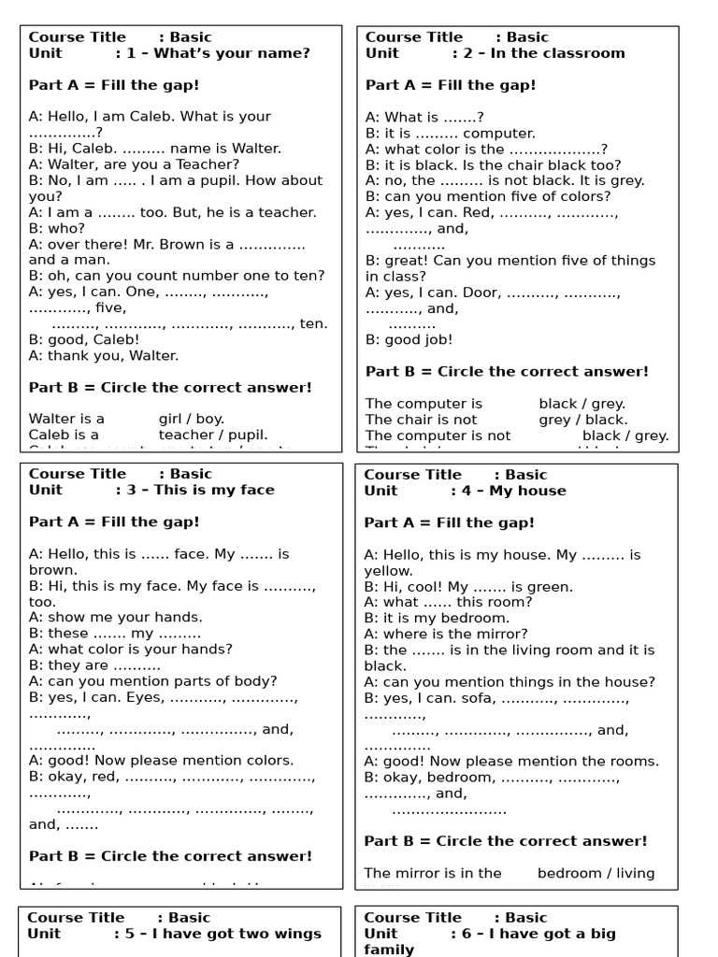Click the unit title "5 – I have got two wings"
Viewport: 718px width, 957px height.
coord(218,934)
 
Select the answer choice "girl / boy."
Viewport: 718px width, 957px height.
coord(191,419)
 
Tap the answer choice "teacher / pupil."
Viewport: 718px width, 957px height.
coord(213,435)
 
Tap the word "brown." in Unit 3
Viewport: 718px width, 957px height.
coord(53,570)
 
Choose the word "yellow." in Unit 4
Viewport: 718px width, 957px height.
coord(388,571)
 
